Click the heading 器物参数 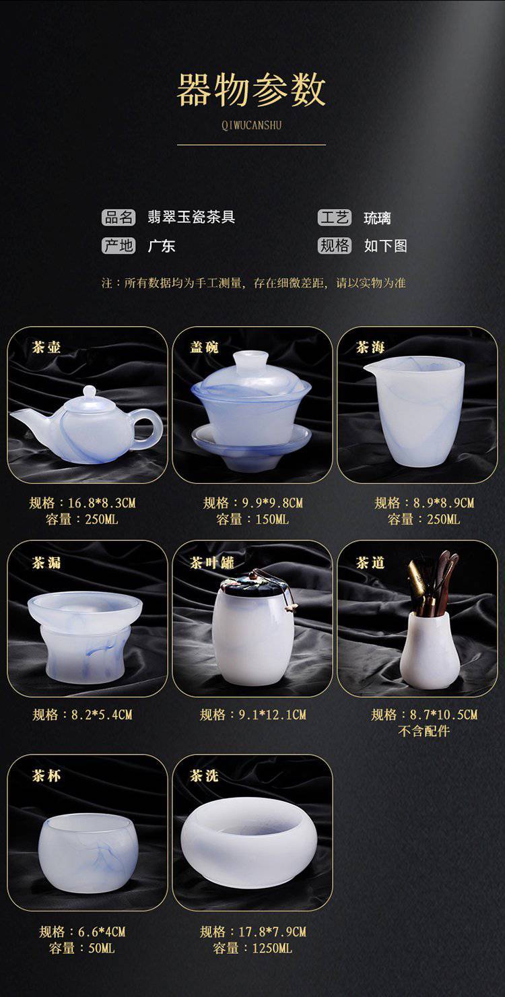(251, 90)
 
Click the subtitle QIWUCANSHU (251, 125)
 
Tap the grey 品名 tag (119, 217)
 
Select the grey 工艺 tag (335, 218)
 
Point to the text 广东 (162, 246)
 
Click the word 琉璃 (377, 218)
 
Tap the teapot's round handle (148, 428)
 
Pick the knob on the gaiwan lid (250, 360)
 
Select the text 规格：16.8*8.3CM (82, 503)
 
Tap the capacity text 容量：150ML (252, 519)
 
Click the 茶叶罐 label (212, 563)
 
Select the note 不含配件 (424, 731)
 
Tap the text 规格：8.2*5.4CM (82, 715)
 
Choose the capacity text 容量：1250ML (252, 948)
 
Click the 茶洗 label (204, 776)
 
